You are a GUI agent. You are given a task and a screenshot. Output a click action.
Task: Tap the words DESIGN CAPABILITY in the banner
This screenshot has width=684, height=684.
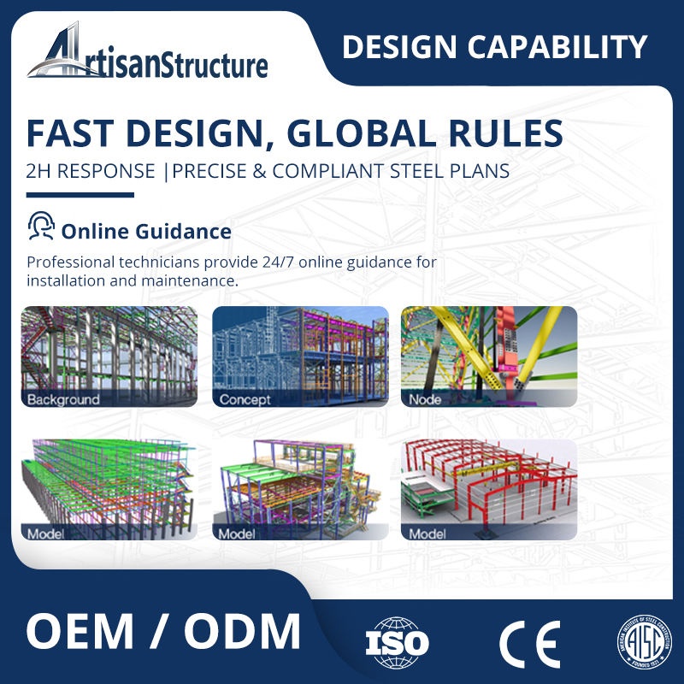point(494,46)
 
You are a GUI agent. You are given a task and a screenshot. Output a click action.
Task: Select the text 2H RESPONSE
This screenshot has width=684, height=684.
point(91,170)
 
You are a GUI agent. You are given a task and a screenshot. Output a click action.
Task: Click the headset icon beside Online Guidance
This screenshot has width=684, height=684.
point(40,228)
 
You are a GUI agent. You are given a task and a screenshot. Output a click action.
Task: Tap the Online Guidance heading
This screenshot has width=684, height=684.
point(146,231)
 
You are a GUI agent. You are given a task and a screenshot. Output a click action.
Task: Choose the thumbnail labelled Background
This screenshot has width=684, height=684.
point(109,356)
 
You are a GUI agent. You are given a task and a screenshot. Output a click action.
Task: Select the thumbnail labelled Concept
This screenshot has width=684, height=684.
point(300,356)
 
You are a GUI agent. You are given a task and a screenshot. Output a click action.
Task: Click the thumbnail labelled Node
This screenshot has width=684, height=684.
point(489,356)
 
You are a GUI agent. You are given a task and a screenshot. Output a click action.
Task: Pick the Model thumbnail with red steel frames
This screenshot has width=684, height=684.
point(489,490)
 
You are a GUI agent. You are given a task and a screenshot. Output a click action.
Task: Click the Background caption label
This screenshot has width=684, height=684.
point(63,399)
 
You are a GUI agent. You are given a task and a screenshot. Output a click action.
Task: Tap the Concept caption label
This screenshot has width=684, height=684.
point(245,399)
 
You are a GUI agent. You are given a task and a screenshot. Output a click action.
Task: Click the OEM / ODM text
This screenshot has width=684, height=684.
point(163,633)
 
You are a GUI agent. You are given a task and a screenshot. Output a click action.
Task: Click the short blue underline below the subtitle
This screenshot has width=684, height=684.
point(80,195)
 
